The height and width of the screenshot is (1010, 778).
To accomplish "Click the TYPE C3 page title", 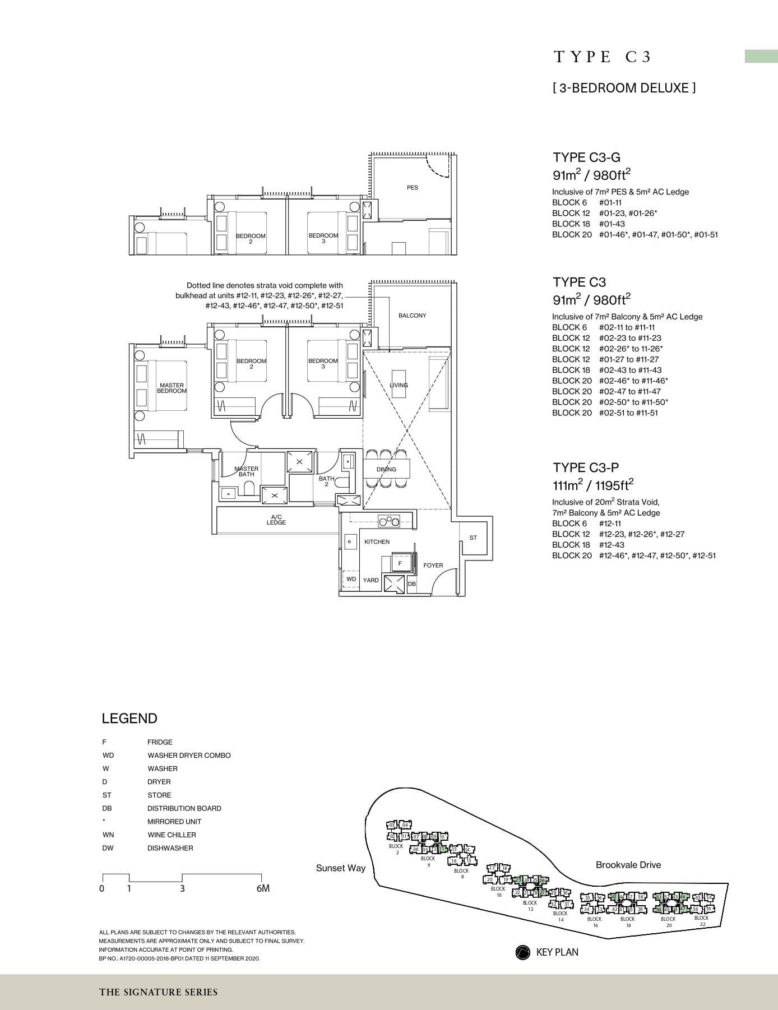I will (x=603, y=57).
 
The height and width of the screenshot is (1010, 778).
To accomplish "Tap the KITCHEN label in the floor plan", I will (x=377, y=542).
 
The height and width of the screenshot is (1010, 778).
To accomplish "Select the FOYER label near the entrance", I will (x=433, y=566).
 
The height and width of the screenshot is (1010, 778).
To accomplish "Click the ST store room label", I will (x=473, y=538).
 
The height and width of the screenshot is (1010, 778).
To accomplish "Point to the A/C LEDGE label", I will (x=276, y=520).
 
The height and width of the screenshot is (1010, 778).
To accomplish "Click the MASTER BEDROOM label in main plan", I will (x=172, y=388).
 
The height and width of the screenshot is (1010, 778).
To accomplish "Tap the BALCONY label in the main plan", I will (x=412, y=316).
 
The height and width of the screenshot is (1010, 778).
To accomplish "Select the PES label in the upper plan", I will (x=412, y=188).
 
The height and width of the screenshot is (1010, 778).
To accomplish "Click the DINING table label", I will (x=386, y=470).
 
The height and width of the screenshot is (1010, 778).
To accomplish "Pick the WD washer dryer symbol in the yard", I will (x=351, y=579).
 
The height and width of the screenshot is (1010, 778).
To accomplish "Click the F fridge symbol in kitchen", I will (x=400, y=563).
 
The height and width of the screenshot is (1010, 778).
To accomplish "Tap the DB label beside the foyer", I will (x=412, y=584).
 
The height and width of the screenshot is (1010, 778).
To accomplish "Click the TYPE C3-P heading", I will (x=586, y=467).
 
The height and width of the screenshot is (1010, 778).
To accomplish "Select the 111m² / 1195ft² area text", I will (x=593, y=485).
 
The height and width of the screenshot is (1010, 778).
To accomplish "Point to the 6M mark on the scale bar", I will (x=262, y=888).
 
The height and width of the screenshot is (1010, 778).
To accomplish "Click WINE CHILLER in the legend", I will (x=172, y=835).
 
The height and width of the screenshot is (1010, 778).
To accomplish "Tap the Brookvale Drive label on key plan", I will (x=628, y=865).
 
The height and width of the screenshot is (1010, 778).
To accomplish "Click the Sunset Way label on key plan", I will (x=340, y=868).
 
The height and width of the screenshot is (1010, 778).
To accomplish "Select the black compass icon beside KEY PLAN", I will (x=522, y=952).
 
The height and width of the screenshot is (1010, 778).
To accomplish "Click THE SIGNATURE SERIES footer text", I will (x=159, y=992).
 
